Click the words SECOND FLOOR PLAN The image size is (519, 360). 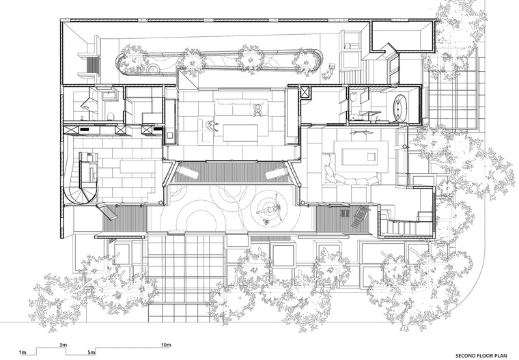coord(481,356)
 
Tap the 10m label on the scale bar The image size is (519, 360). coord(166,345)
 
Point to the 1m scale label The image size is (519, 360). coord(23,352)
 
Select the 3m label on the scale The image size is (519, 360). coord(64,345)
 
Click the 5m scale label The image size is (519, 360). coord(92,352)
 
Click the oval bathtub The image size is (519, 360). coord(400,107)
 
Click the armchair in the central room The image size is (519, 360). coord(258,110)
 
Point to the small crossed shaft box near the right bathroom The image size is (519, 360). coord(305,92)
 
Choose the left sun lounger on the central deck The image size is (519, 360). coord(186,171)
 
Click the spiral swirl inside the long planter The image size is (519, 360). coord(154,69)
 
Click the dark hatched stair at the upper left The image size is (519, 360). coord(94,65)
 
